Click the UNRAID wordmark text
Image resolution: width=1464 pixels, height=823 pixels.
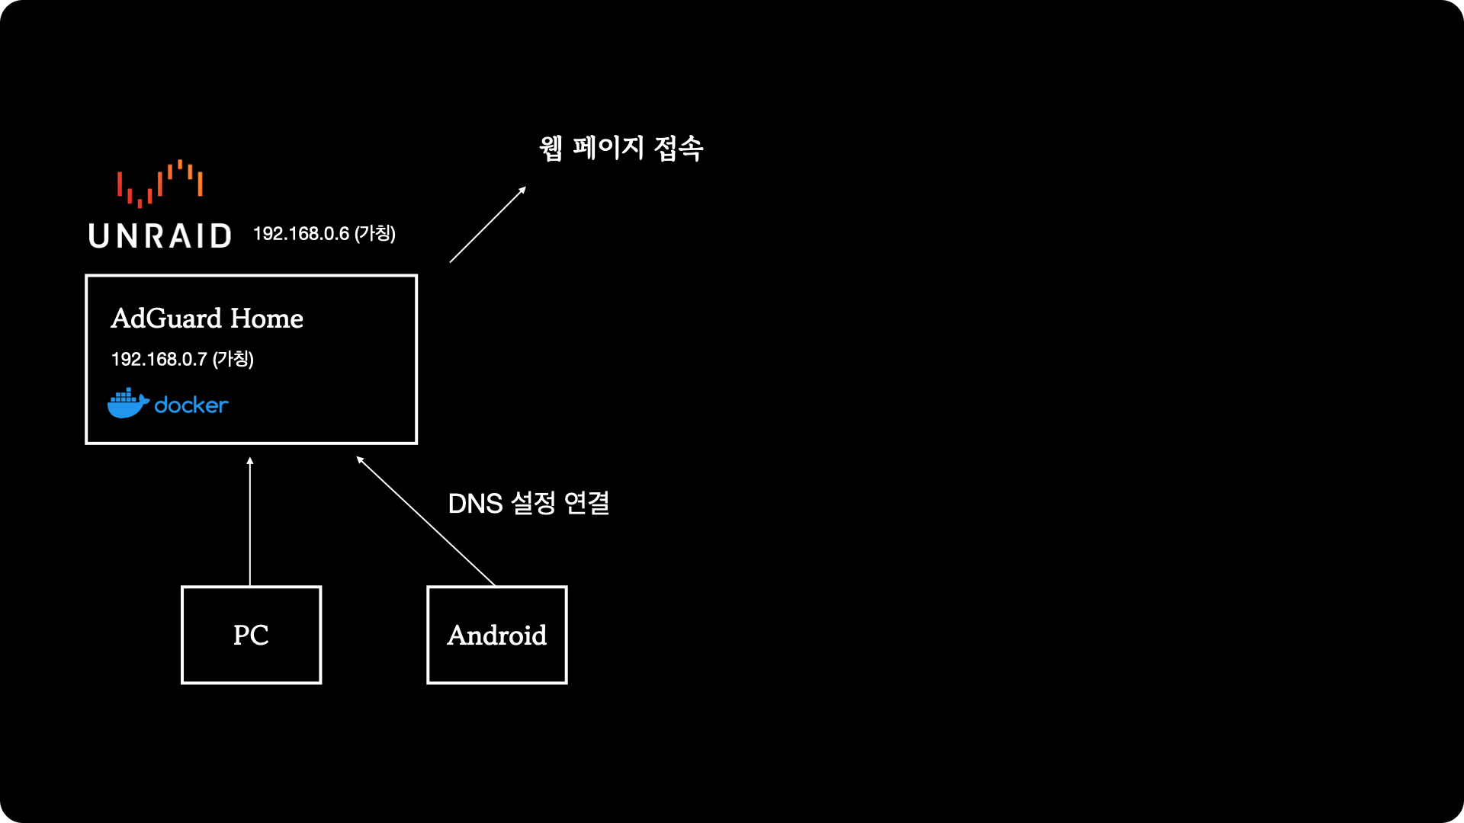160,236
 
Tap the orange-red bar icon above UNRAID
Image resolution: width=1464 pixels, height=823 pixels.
159,184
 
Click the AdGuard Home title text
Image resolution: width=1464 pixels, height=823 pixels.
207,319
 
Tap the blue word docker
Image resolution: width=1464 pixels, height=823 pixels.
191,405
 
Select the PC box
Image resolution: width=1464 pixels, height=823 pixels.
251,635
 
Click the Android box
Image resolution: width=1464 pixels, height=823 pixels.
496,635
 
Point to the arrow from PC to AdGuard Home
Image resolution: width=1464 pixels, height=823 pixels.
250,526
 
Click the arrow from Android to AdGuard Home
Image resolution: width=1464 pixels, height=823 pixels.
427,522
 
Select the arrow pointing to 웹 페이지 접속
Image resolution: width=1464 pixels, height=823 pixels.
488,225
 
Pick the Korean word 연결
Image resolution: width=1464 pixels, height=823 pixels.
586,503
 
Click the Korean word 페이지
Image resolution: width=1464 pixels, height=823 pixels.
608,147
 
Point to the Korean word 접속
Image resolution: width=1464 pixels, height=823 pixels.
679,147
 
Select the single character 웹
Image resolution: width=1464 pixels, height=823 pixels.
551,147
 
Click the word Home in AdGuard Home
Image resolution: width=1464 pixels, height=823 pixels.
267,319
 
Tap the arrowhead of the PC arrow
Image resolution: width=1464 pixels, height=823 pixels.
250,461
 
